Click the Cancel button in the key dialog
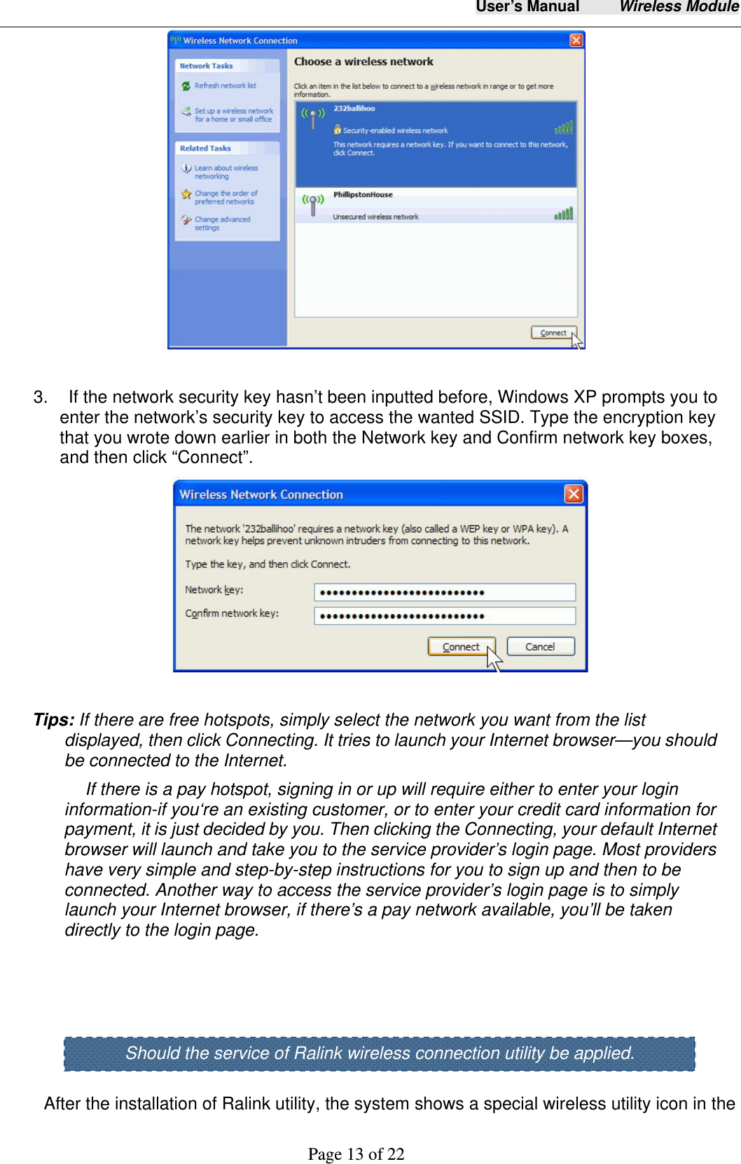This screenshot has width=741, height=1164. coord(540,646)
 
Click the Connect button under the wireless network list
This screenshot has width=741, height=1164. coord(553,333)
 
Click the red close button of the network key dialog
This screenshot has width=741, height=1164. coord(574,494)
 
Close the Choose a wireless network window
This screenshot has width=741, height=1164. coord(576,40)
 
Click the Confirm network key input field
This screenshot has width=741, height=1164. coord(445,616)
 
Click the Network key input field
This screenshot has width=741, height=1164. coord(445,593)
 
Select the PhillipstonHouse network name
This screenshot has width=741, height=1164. coord(363,195)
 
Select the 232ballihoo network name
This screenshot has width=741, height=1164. coord(354,109)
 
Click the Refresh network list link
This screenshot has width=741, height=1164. coord(225,85)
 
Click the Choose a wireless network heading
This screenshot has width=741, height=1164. coord(363,62)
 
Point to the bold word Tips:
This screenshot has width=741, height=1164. coord(54,720)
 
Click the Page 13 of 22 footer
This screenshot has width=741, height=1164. coord(356,1153)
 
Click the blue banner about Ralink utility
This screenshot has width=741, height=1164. coord(379,1053)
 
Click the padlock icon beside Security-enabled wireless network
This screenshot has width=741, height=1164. coord(338,130)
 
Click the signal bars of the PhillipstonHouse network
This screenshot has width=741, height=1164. coord(563,214)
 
